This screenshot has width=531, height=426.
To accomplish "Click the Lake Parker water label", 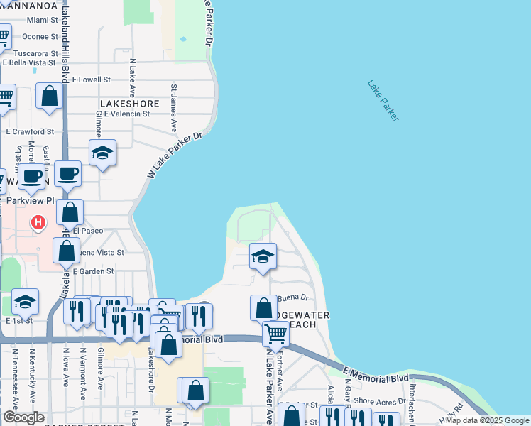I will point(383,100).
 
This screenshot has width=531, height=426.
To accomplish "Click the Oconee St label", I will point(40,36).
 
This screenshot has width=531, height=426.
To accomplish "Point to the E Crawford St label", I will point(30,132).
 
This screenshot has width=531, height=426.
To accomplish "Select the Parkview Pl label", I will point(30,201).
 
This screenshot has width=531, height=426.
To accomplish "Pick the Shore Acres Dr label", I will point(373,400).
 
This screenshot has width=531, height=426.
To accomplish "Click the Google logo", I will point(23,417).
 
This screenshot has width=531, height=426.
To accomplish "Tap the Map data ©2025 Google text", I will point(487,420).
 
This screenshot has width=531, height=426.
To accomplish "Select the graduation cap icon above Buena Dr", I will point(263,256).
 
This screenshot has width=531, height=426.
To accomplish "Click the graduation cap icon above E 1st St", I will point(25,302).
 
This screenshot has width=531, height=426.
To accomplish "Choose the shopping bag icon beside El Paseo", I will point(70,212).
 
